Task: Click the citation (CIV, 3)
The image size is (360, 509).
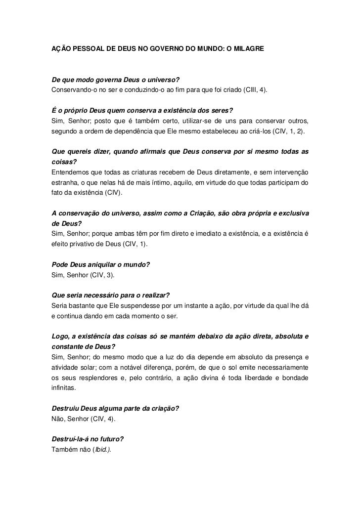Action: [98, 274]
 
